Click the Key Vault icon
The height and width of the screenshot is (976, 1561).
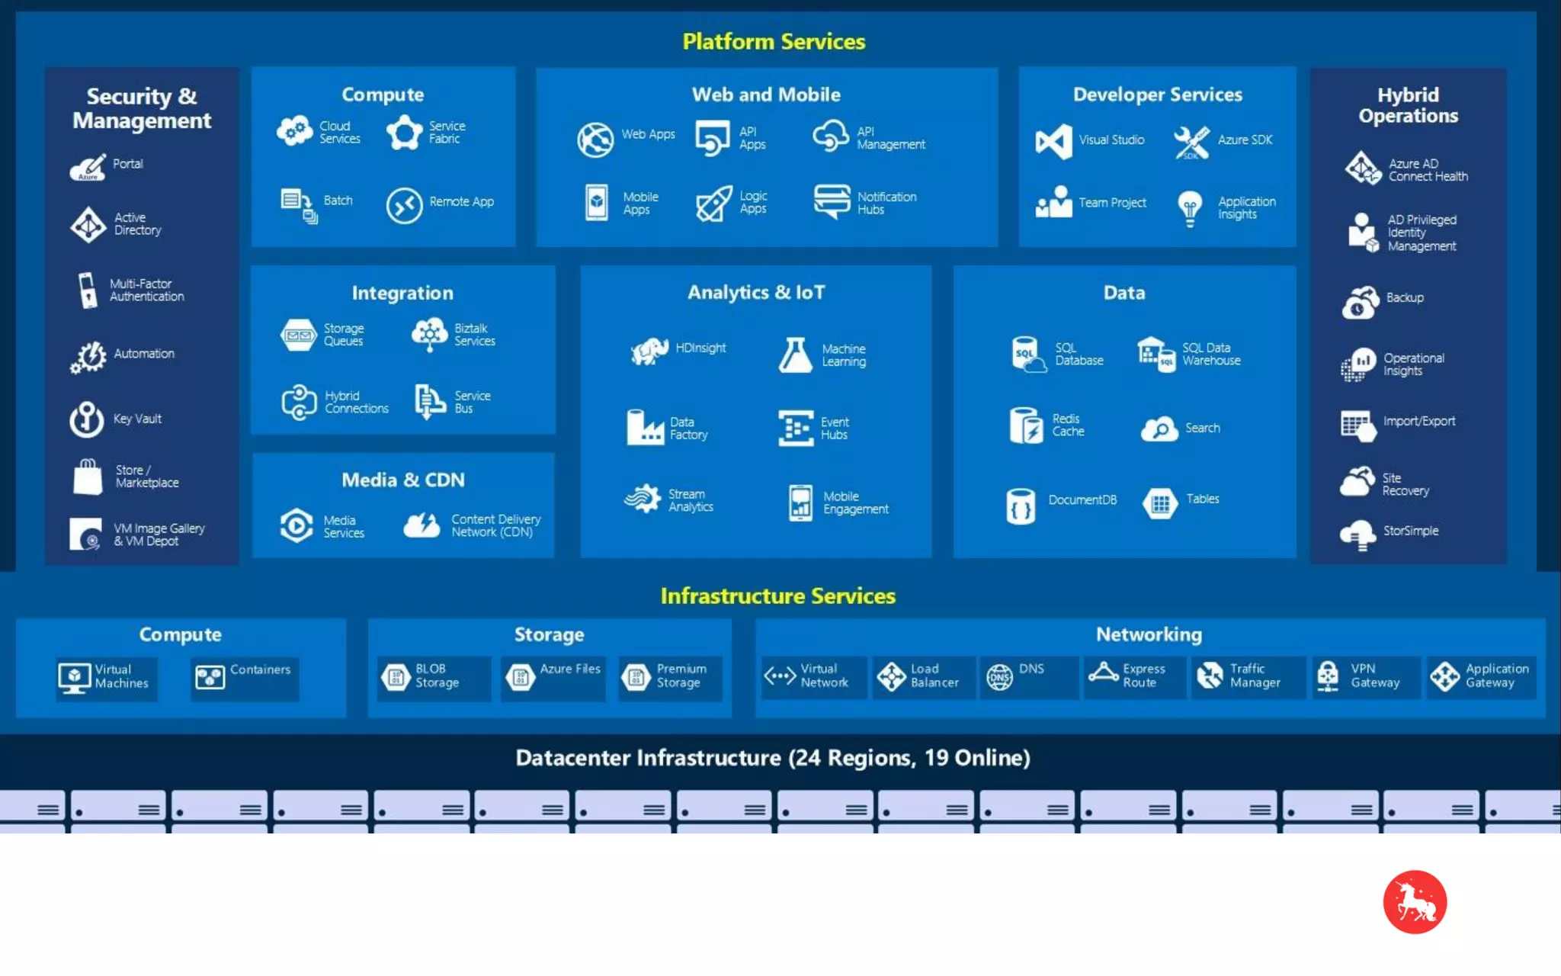coord(87,419)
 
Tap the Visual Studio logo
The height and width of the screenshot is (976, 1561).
coord(1054,142)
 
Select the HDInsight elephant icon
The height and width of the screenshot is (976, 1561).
coord(649,351)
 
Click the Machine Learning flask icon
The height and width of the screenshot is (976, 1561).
coord(795,355)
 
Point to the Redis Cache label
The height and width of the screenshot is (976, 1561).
coord(1068,425)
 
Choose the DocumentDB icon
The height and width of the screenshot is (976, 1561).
coord(1021,506)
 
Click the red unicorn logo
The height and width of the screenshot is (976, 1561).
coord(1415,902)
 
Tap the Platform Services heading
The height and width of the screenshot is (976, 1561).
coord(774,41)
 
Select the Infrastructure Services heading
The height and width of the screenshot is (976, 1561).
coord(777,596)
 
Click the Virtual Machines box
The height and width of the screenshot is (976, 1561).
coord(107,677)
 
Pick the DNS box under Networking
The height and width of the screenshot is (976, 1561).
coord(1028,676)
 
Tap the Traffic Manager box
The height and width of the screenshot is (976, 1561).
coord(1248,676)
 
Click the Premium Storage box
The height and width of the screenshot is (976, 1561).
coord(670,676)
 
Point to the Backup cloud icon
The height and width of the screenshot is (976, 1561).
coord(1360,303)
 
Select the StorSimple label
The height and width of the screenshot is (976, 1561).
coord(1411,531)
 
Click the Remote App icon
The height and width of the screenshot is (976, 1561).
coord(404,205)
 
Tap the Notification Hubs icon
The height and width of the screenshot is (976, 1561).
coord(832,201)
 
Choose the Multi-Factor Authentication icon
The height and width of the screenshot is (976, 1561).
coord(88,291)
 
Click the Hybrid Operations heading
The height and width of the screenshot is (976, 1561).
coord(1408,105)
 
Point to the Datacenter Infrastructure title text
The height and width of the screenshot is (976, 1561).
coord(773,758)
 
